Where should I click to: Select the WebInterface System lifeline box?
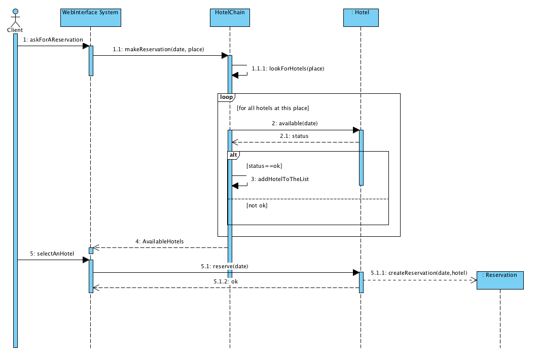pyautogui.click(x=91, y=18)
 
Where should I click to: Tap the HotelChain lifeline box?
pyautogui.click(x=230, y=18)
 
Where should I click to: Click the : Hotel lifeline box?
pyautogui.click(x=361, y=18)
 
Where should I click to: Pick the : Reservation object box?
pyautogui.click(x=500, y=279)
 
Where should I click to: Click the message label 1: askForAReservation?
pyautogui.click(x=53, y=40)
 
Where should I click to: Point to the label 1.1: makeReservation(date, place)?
pyautogui.click(x=158, y=49)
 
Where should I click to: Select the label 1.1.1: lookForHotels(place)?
pyautogui.click(x=288, y=68)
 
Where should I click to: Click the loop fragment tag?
pyautogui.click(x=226, y=97)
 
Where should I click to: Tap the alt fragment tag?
pyautogui.click(x=233, y=154)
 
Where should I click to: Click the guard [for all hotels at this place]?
pyautogui.click(x=273, y=108)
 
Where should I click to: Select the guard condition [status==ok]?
pyautogui.click(x=264, y=166)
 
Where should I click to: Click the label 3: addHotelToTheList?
pyautogui.click(x=280, y=179)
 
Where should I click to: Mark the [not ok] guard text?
pyautogui.click(x=257, y=205)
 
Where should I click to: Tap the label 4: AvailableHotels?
pyautogui.click(x=160, y=241)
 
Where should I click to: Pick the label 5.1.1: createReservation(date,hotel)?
pyautogui.click(x=419, y=273)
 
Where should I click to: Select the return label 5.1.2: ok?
pyautogui.click(x=225, y=281)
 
